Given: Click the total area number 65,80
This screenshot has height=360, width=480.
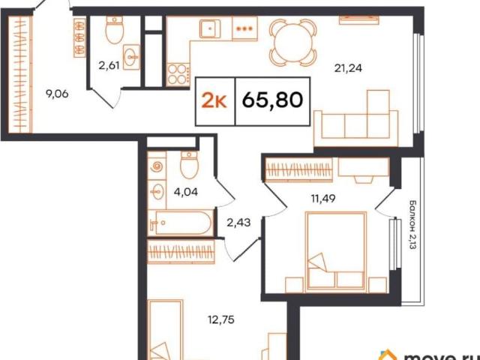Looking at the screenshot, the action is point(272,100).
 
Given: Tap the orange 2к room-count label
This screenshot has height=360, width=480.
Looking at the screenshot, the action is point(214,100).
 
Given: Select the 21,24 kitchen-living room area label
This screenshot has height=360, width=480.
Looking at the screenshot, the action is point(348,68).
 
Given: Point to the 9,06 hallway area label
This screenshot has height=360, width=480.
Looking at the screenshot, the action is point(57,94).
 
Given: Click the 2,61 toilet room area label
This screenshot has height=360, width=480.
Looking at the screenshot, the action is point(109,65).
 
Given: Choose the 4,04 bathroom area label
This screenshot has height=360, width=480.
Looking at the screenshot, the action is point(185,192).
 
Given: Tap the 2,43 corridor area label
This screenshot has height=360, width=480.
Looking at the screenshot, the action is point(238,223).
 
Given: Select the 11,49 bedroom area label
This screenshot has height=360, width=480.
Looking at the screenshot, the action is point(323,199).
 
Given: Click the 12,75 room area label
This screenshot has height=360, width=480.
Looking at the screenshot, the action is point(221,320).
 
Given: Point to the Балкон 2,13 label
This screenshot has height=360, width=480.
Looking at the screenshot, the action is point(412,225).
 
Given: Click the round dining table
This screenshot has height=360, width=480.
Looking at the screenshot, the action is point(293,43).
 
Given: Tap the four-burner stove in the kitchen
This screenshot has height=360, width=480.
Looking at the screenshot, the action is point(178,74).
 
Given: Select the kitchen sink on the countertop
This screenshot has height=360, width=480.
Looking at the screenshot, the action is point(210,28).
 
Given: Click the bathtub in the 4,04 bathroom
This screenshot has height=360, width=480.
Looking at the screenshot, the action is point(180,223).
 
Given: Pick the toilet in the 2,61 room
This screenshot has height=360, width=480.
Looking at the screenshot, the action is point(114,30).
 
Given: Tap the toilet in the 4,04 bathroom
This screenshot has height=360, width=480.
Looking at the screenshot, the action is point(189,165).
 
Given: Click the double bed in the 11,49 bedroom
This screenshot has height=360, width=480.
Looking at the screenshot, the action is point(336,251).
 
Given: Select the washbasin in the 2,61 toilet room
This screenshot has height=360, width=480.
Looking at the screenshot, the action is point(132,57).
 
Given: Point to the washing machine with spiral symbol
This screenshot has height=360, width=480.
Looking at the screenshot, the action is point(157,166).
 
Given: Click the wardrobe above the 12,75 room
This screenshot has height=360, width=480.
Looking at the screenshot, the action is point(181,252).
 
